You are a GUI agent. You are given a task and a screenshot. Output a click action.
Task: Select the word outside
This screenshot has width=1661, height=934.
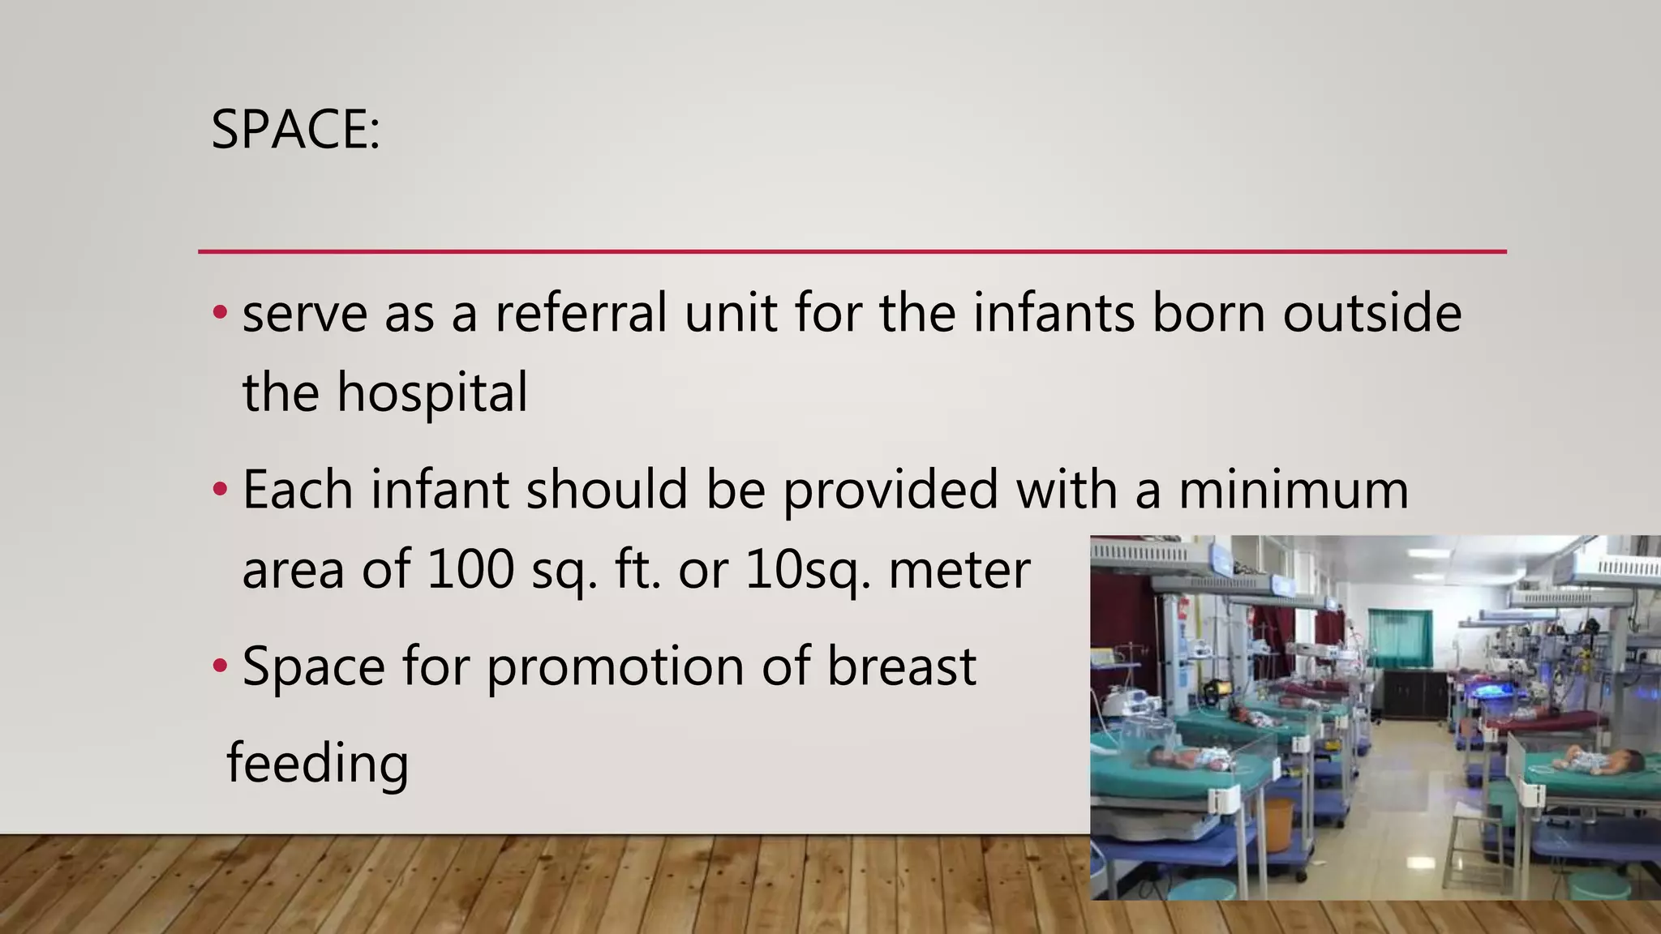pyautogui.click(x=1371, y=313)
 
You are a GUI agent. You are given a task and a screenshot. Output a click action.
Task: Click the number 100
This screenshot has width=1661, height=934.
pyautogui.click(x=470, y=569)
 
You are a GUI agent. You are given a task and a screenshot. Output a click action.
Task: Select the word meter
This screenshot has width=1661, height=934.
pyautogui.click(x=959, y=569)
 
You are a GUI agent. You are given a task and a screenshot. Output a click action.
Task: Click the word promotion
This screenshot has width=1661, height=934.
pyautogui.click(x=616, y=668)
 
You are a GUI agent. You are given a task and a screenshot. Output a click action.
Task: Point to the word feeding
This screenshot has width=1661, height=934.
pyautogui.click(x=317, y=764)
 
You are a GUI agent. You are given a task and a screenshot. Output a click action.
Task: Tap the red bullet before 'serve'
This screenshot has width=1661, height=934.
pyautogui.click(x=220, y=313)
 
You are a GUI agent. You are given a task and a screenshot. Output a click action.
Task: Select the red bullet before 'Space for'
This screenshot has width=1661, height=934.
pyautogui.click(x=220, y=666)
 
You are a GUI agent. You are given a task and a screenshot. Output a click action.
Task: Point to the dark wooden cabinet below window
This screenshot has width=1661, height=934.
pyautogui.click(x=1415, y=692)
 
